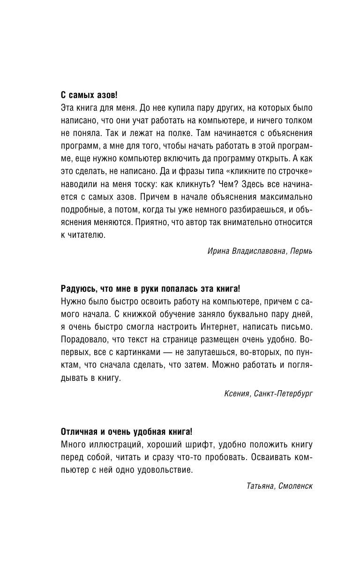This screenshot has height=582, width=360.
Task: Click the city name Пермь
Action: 301,251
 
